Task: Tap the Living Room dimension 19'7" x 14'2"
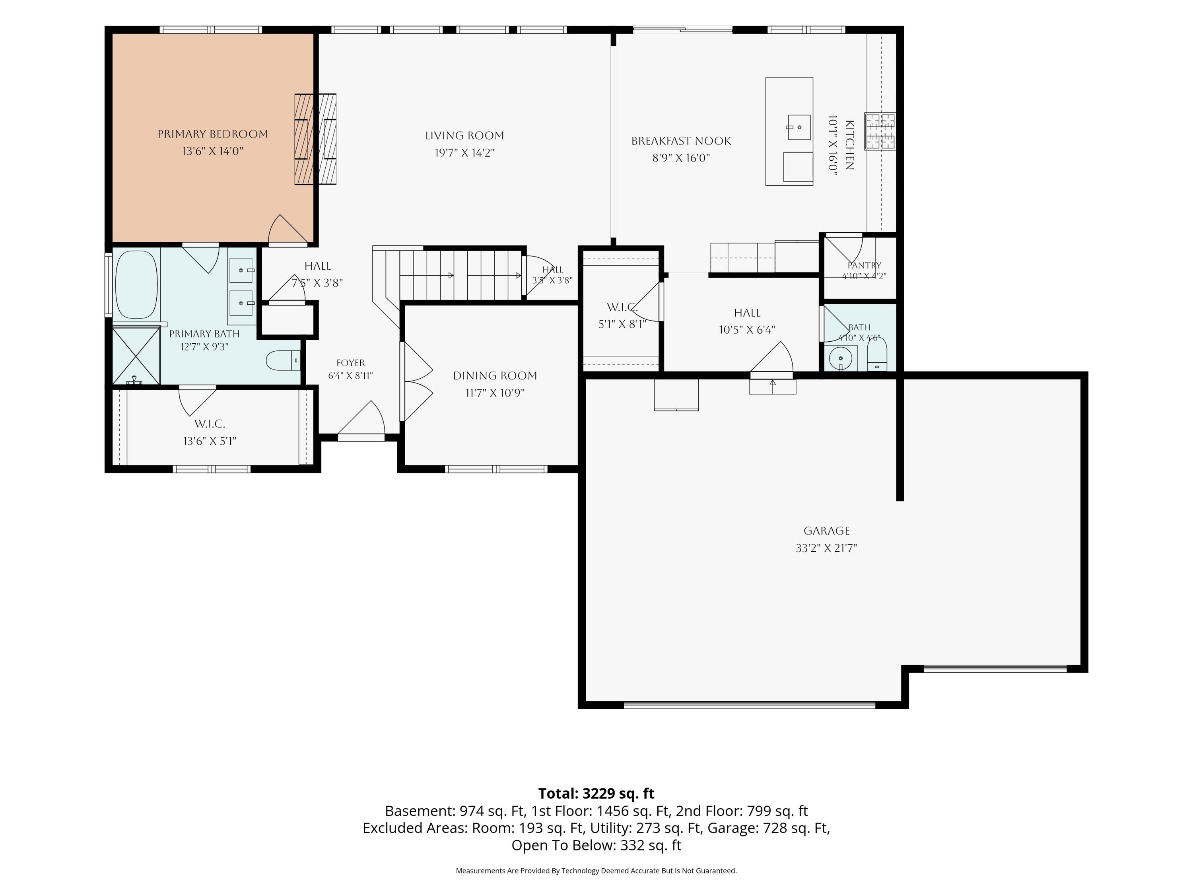coord(464,153)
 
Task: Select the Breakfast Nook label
coord(681,141)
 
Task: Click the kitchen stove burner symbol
coord(880,131)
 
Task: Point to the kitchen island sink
coord(799,127)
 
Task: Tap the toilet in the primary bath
coord(283,360)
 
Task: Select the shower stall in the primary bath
coord(136,356)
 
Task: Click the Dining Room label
coord(495,376)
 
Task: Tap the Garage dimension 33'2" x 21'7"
coord(826,548)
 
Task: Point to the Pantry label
coord(864,265)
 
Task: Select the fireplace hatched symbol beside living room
coord(315,139)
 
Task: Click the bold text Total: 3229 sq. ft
coord(596,794)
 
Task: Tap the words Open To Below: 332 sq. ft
coord(596,845)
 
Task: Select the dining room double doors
coord(417,381)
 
